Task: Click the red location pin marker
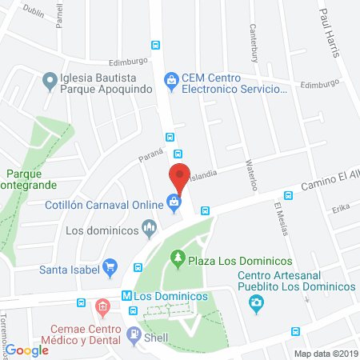point(180,177)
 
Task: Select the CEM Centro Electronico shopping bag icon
point(170,79)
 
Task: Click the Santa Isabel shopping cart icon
point(111,268)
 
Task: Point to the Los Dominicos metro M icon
point(126,295)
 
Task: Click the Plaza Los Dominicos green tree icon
point(178,260)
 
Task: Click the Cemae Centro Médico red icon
point(102,306)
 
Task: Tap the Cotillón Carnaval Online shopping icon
point(173,203)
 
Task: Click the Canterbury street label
point(254,42)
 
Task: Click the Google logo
point(30,350)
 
